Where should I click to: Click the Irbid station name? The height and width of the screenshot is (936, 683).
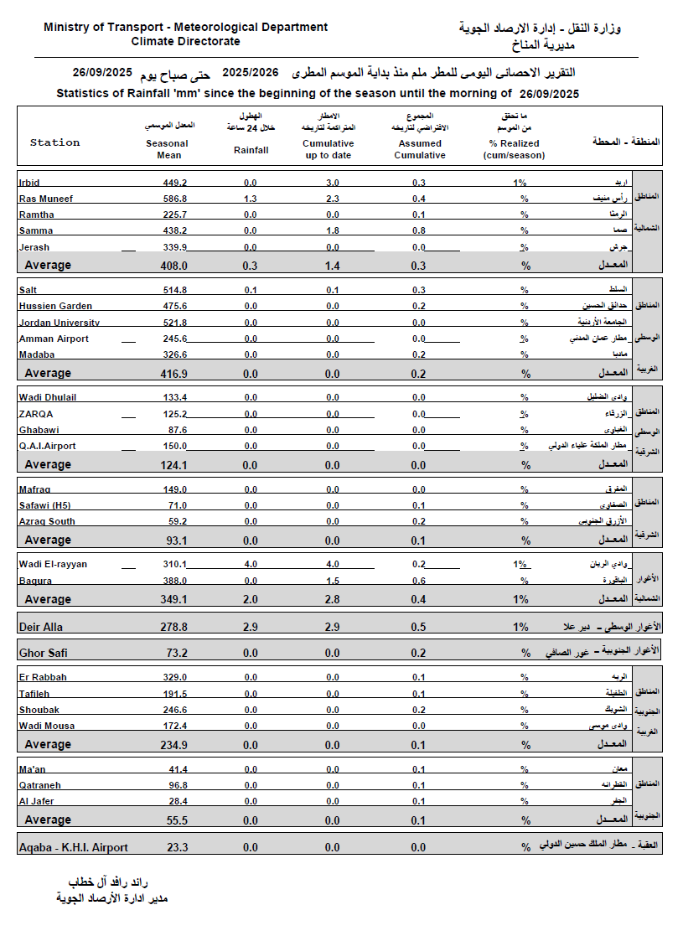29,183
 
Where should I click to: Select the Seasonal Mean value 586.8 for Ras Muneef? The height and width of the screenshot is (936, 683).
174,199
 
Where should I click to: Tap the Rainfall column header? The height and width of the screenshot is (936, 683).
251,150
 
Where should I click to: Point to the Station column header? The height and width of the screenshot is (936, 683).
54,142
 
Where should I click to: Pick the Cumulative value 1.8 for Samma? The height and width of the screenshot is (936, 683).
333,231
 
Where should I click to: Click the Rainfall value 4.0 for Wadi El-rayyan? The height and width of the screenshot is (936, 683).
251,564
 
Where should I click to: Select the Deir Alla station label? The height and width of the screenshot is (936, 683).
40,627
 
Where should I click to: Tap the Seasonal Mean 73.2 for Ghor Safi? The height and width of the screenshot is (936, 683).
177,653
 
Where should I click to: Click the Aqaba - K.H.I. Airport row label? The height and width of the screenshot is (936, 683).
73,848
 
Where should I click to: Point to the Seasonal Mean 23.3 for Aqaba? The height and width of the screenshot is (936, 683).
177,848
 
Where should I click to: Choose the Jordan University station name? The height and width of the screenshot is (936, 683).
59,323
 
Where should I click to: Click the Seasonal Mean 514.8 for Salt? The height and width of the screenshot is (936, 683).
174,290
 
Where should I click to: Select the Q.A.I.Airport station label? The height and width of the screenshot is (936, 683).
47,447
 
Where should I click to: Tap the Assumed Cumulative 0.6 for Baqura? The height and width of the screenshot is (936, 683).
419,581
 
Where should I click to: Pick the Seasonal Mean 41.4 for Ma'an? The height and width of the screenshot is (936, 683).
177,769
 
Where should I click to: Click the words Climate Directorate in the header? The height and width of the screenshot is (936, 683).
185,41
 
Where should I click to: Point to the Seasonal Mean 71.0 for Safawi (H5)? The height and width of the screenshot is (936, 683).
177,505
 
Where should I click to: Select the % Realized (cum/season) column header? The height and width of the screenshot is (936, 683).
516,149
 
